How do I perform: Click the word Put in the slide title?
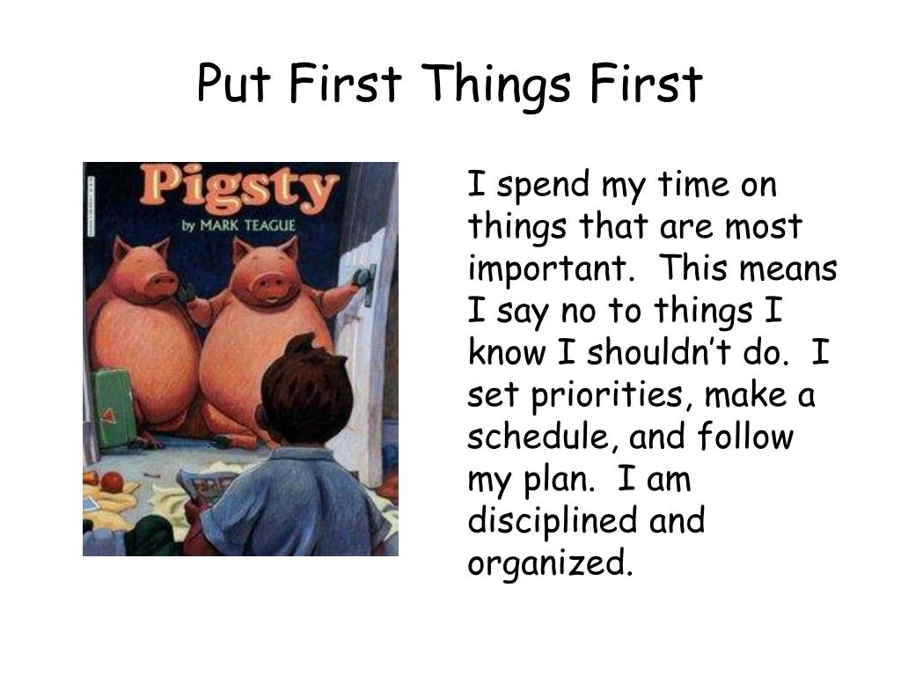point(231,84)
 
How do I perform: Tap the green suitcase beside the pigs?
point(112,407)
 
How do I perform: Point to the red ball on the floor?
point(113,482)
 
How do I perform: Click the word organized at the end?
point(549,562)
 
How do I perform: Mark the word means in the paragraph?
point(788,269)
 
